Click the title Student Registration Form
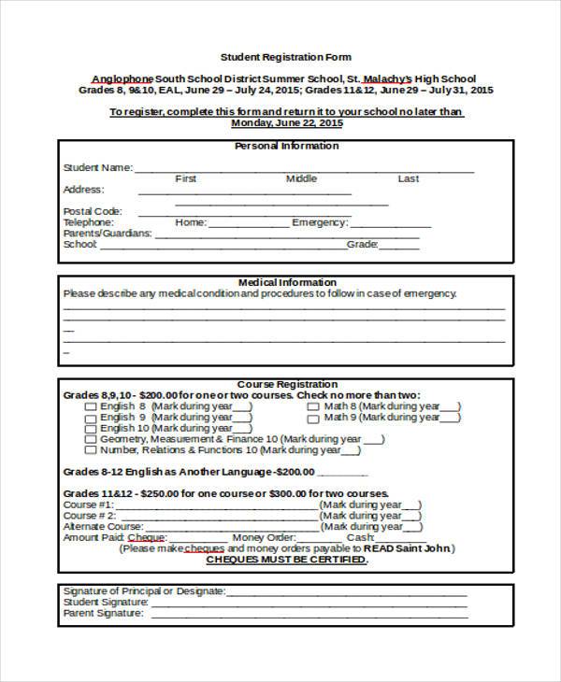pos(285,57)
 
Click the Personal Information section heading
pos(286,146)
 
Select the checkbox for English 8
pos(91,406)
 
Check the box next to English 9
pos(91,418)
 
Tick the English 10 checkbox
pos(91,429)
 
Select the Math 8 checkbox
pos(313,406)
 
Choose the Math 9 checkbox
pos(313,418)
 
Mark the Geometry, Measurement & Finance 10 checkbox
pos(91,439)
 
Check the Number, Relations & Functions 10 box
pos(91,450)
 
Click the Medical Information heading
pos(287,282)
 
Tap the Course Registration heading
pos(287,384)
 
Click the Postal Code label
pos(93,211)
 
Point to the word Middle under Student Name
pos(301,178)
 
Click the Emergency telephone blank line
pos(391,224)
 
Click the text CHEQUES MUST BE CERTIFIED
pos(286,560)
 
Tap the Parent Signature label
pos(103,614)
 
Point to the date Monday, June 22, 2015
pos(286,122)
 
